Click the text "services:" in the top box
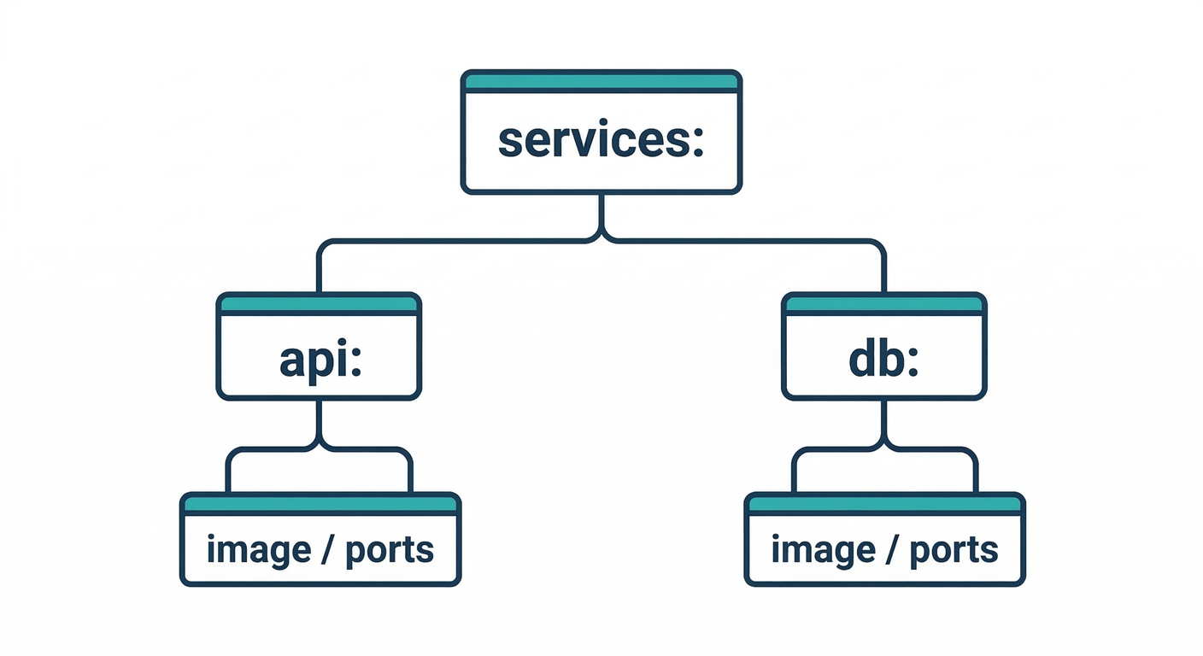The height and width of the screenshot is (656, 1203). click(601, 141)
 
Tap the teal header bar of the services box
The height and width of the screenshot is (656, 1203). click(601, 82)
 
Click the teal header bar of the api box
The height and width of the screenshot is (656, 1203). click(319, 304)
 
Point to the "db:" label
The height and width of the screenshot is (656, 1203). click(883, 360)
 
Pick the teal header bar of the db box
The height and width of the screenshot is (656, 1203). click(884, 304)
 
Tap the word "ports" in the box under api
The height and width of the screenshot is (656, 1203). click(390, 551)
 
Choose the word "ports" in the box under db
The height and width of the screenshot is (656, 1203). click(954, 551)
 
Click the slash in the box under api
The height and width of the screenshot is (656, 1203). click(326, 550)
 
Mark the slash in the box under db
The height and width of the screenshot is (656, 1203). click(891, 550)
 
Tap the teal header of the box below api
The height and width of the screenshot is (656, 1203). click(320, 505)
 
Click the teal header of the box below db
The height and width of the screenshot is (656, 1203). click(884, 505)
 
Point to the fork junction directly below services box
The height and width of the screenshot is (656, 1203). click(601, 236)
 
